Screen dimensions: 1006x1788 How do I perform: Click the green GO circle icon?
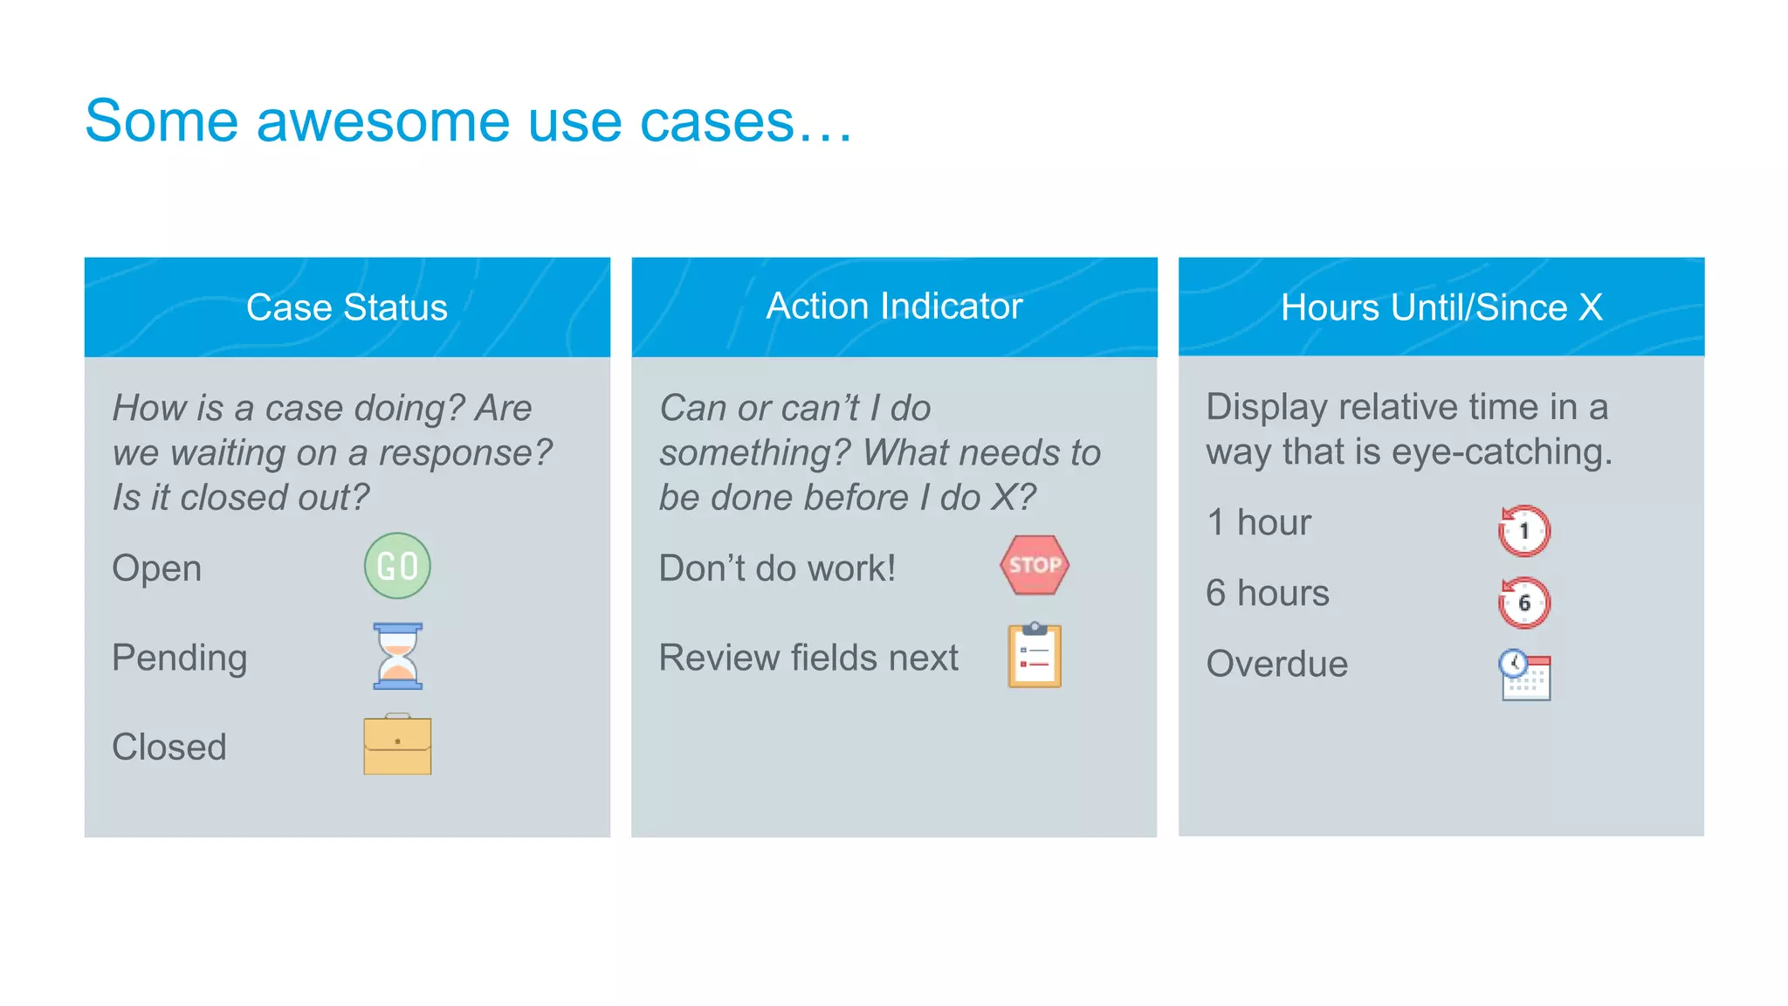(397, 566)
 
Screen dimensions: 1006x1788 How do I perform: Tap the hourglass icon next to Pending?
(397, 656)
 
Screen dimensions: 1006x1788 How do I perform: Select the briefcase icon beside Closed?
(397, 745)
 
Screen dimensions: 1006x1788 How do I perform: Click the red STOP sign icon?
(1035, 565)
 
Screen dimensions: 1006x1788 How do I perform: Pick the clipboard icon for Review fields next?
(1035, 656)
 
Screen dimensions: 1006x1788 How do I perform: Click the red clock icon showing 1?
(1523, 530)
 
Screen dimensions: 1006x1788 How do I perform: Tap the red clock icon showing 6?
(1523, 603)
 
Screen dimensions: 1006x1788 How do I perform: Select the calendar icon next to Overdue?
(1525, 674)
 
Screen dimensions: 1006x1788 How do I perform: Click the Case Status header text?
(347, 307)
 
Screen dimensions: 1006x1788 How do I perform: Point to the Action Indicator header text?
(894, 307)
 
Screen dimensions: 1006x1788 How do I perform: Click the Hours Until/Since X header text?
(1441, 307)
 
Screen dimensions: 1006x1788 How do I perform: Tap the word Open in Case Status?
(157, 568)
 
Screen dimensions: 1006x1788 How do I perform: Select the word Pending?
(180, 658)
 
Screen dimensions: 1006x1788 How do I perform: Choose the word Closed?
(169, 747)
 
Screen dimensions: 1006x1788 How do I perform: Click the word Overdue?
(1276, 664)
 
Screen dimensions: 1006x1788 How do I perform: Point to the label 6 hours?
(1267, 593)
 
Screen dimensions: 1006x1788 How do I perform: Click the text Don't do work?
(777, 568)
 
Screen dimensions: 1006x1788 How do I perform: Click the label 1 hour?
(1258, 522)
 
